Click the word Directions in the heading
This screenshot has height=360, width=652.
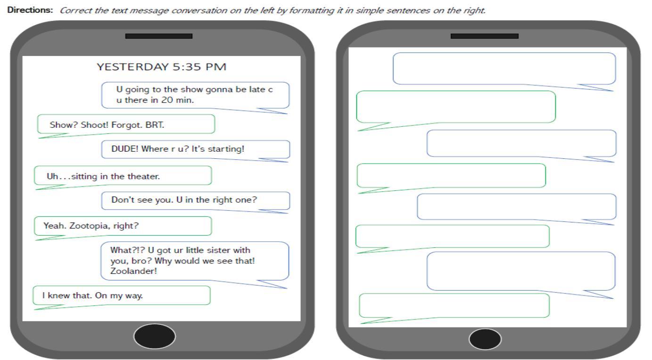pyautogui.click(x=30, y=10)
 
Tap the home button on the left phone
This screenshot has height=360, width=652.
pyautogui.click(x=155, y=336)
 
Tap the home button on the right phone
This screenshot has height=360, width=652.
pyautogui.click(x=485, y=339)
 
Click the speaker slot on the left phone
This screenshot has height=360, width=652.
pyautogui.click(x=159, y=36)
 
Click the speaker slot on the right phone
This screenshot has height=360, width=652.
pyautogui.click(x=485, y=36)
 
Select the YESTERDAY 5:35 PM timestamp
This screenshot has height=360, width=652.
pyautogui.click(x=162, y=67)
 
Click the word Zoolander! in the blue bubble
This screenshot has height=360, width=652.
pyautogui.click(x=133, y=271)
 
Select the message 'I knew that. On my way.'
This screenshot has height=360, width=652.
pyautogui.click(x=92, y=296)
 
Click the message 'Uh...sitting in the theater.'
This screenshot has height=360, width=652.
pyautogui.click(x=103, y=176)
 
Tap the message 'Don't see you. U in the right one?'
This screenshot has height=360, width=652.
pyautogui.click(x=184, y=200)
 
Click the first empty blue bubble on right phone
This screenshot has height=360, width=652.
pyautogui.click(x=504, y=69)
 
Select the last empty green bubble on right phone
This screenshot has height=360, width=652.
pyautogui.click(x=454, y=306)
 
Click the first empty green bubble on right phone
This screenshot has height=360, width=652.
pyautogui.click(x=456, y=107)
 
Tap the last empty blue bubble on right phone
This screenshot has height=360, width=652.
pyautogui.click(x=521, y=271)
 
